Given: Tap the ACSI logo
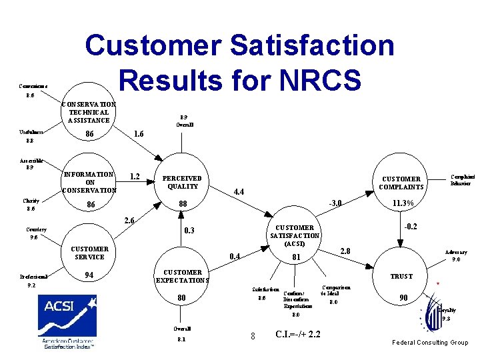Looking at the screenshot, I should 67,322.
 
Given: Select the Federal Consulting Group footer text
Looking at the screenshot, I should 429,343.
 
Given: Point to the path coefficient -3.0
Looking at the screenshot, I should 336,203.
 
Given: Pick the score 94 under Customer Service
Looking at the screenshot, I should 89,275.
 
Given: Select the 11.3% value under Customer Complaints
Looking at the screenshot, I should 403,203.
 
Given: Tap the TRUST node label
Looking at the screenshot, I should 401,276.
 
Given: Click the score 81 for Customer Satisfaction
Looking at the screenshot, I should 297,257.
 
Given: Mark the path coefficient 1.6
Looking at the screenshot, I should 139,135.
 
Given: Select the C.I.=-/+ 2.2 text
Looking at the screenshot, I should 297,334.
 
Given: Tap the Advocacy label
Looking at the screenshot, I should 457,253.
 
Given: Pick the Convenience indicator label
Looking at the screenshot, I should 33,86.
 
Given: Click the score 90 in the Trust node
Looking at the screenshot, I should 402,297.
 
